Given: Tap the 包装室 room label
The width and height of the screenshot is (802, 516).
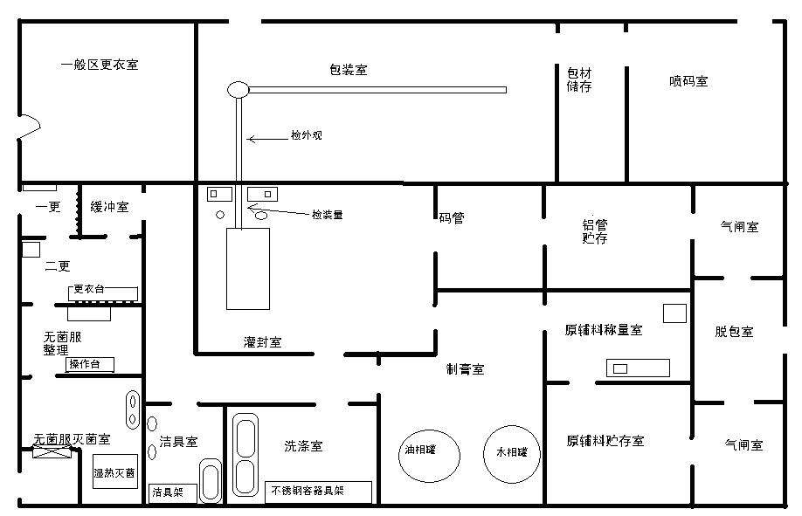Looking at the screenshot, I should (x=348, y=70).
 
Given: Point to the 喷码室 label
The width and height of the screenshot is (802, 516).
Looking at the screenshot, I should (x=688, y=81).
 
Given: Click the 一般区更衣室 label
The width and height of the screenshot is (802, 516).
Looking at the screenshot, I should (x=100, y=65).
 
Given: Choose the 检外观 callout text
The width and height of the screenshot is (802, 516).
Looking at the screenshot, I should (x=307, y=136).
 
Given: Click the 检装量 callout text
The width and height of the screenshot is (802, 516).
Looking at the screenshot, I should (x=327, y=214).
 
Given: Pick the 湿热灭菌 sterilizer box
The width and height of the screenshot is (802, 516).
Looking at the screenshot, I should (x=114, y=472).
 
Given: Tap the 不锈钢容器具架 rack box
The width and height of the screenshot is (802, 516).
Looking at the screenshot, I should (x=318, y=492).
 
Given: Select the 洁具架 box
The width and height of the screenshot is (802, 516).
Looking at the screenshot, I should (x=169, y=492).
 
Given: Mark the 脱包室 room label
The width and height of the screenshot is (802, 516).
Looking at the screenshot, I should (x=734, y=332).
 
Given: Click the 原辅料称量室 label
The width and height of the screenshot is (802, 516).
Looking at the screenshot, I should (x=604, y=330).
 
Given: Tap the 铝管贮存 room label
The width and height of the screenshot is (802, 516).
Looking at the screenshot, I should (x=595, y=231).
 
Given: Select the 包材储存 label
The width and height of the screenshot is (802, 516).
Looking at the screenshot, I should (x=579, y=80).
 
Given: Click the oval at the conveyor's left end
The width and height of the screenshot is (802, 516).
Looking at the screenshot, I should (x=239, y=89).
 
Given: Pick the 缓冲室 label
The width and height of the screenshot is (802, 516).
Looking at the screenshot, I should (x=109, y=207).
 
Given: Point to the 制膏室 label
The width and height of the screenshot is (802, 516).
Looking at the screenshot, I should (x=465, y=369).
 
